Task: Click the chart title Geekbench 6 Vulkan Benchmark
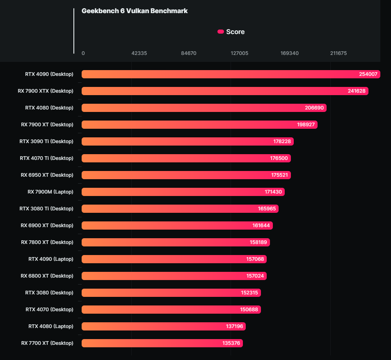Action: coord(135,11)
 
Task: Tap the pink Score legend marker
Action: coord(221,32)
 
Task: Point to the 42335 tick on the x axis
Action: coord(139,53)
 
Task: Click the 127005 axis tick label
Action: coord(239,53)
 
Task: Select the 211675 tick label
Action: coord(338,53)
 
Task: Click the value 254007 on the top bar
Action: coord(368,74)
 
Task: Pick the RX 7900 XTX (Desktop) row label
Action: coord(46,91)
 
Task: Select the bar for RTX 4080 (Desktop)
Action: coord(204,108)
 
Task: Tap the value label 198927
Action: coord(306,125)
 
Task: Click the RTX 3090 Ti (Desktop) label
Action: coord(46,141)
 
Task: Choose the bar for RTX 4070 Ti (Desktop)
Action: coord(186,158)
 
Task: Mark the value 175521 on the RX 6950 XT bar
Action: coord(279,175)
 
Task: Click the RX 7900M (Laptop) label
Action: coord(50,192)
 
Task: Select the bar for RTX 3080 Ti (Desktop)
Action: coord(180,209)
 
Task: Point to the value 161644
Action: coord(261,226)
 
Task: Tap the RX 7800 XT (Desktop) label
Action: coord(47,242)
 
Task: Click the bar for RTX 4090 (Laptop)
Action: coord(174,259)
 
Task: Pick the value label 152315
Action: coord(249,293)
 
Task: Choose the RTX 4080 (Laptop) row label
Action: coord(51,326)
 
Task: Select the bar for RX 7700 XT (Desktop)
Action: coord(162,343)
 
